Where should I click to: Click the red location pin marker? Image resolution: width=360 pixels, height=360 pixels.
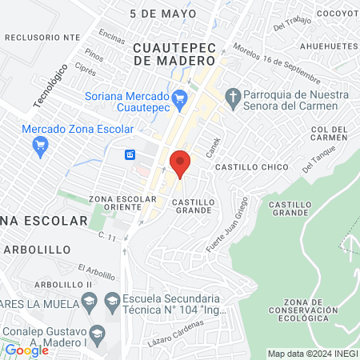coord(180,163)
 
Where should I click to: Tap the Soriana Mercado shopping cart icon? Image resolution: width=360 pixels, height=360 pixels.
coord(180,98)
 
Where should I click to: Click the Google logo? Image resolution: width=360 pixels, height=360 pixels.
coord(26,350)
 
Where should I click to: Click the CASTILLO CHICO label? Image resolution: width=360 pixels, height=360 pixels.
coord(244,166)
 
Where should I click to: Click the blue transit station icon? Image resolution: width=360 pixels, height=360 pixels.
coord(130,154)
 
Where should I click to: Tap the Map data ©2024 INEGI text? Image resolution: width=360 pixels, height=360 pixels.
coord(312,354)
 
